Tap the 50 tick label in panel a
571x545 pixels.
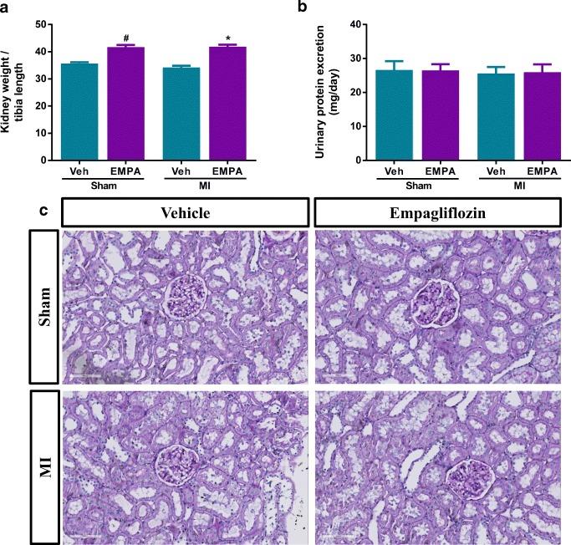[x=39, y=24]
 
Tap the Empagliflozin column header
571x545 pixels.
[x=440, y=211]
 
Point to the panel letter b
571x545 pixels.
[x=301, y=9]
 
